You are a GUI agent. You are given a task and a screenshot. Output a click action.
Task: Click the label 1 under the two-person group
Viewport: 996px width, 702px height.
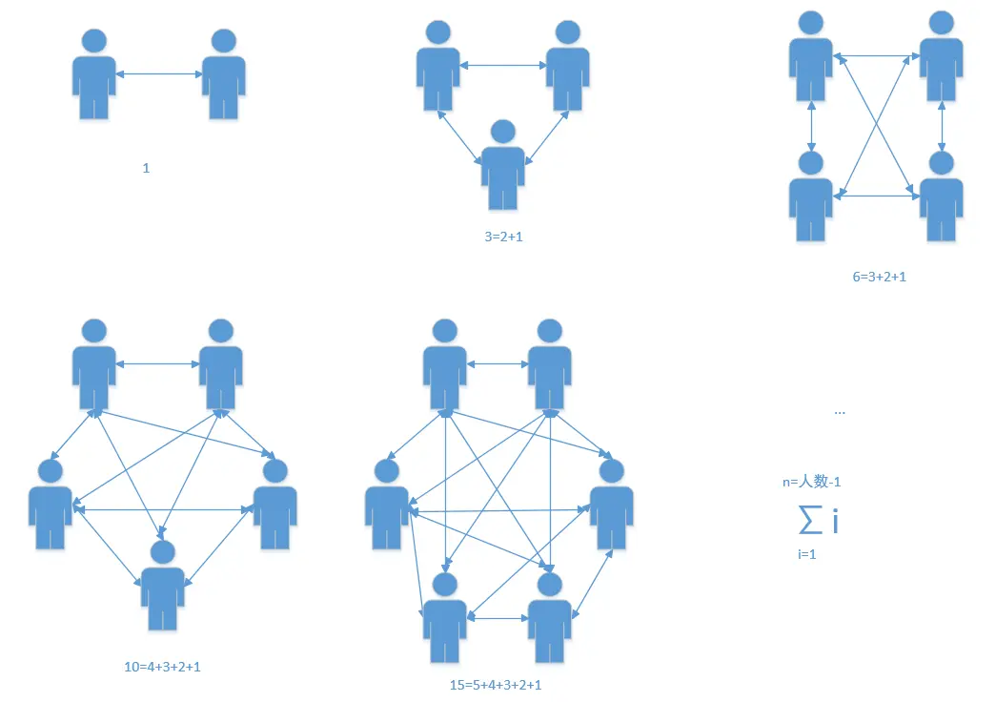(x=146, y=168)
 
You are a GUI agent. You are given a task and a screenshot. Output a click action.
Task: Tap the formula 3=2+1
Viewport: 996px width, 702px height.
(x=503, y=237)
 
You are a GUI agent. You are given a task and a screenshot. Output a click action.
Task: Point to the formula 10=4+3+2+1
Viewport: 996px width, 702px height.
(x=162, y=666)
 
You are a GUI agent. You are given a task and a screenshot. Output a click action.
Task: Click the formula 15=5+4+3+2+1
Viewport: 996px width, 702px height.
(x=502, y=685)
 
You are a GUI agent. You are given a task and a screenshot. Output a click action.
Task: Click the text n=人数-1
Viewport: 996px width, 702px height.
(x=811, y=482)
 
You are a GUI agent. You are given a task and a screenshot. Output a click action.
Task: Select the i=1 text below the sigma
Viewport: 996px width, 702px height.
(x=805, y=553)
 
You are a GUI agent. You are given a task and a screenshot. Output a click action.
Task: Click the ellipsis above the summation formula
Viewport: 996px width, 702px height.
(x=839, y=411)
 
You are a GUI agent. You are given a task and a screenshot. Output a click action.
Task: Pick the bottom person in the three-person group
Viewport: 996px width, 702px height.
(x=502, y=164)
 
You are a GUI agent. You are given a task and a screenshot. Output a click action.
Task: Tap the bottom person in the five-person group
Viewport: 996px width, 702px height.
(x=163, y=585)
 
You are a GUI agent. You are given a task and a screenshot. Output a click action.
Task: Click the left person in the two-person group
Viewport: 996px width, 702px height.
(x=93, y=74)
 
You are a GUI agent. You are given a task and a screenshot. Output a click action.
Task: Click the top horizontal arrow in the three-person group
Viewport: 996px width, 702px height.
(x=502, y=65)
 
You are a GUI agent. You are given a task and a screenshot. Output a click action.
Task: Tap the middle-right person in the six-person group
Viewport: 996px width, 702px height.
(x=611, y=504)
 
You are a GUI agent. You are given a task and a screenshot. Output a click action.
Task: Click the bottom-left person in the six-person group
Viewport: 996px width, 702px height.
(x=445, y=617)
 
